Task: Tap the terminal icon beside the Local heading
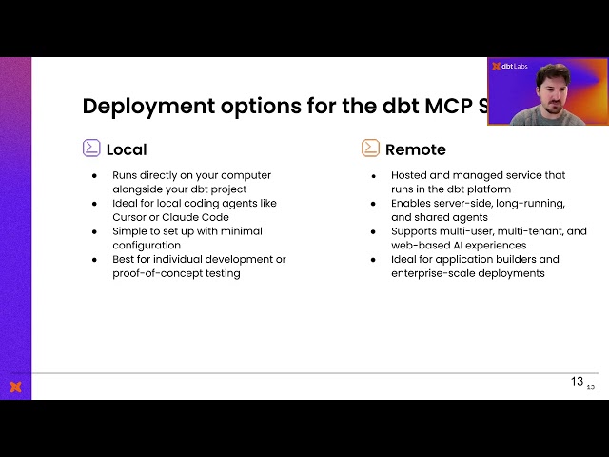click(91, 148)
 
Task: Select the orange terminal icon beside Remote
click(370, 148)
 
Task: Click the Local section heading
click(127, 149)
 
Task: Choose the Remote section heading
click(416, 149)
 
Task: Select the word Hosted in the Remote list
click(411, 175)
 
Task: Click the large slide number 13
click(577, 381)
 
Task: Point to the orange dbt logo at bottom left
click(15, 387)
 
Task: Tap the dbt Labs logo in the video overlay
click(509, 67)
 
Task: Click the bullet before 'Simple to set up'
click(94, 231)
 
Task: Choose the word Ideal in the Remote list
click(406, 259)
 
